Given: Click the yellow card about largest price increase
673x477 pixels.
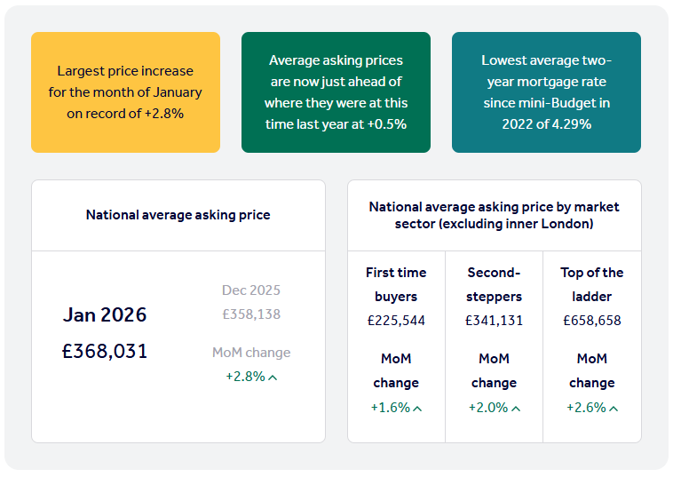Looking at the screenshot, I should point(125,92).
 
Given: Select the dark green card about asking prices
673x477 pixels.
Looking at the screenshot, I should point(336,92).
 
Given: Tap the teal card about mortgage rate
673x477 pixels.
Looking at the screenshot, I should point(546,92).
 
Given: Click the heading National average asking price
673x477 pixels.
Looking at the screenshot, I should point(178,215).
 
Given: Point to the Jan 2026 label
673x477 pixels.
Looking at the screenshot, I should point(105,315).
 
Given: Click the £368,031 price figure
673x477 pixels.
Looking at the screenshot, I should point(105,352).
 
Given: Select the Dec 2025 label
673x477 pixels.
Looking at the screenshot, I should point(251,290).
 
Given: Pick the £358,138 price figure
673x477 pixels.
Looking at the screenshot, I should point(251,314).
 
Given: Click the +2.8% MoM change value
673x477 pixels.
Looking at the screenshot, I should point(245,377).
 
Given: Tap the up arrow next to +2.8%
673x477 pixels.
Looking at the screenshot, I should point(273,378).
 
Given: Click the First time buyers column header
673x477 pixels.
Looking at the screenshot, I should point(396,284).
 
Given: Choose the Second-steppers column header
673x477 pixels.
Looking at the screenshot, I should point(494,284).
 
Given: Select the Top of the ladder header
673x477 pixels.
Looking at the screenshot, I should point(591,284).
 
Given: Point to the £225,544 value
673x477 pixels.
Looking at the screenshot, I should point(396,321).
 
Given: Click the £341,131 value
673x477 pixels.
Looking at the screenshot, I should point(494,321).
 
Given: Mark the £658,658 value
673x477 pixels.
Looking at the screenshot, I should point(591,321).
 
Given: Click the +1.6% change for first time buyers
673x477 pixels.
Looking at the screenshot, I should point(391,408).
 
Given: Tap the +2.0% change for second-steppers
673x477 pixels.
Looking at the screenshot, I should point(488,408).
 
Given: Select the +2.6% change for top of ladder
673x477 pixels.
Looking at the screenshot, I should point(586,408).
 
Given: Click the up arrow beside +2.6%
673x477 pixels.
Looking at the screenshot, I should point(614,409).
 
